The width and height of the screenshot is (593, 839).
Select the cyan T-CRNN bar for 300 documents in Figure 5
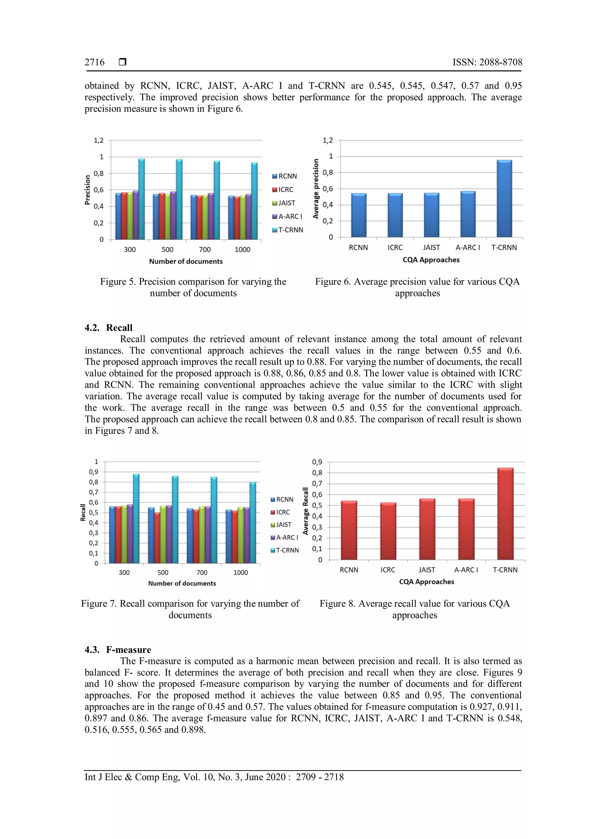(142, 199)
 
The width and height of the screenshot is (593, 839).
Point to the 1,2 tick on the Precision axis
(98, 140)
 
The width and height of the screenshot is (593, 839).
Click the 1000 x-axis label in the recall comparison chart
(241, 572)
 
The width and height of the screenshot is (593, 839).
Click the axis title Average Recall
(306, 511)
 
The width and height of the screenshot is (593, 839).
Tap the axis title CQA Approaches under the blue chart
(431, 260)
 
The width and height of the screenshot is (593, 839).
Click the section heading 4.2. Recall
(109, 327)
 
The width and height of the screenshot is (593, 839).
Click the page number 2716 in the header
(95, 63)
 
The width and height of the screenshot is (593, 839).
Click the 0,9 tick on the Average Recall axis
(317, 462)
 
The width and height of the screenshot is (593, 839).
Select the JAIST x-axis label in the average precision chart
(431, 248)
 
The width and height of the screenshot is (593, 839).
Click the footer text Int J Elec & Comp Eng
(214, 777)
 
